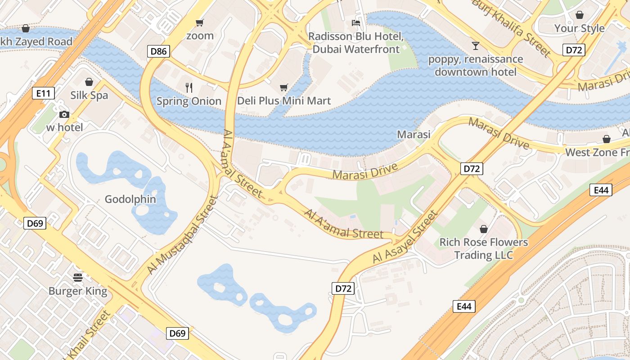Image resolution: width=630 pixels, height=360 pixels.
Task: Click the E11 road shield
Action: click(44, 93)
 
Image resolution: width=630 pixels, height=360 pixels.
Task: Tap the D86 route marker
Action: click(158, 51)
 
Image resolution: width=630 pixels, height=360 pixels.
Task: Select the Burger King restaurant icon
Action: click(78, 277)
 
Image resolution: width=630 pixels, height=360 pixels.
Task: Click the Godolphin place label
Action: click(130, 199)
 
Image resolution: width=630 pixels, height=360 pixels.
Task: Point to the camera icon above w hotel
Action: click(64, 114)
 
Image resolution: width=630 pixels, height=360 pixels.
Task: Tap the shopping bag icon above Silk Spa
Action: click(89, 82)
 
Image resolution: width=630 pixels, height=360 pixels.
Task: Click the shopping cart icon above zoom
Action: click(200, 22)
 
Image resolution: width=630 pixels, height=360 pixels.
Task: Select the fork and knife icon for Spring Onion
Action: click(189, 88)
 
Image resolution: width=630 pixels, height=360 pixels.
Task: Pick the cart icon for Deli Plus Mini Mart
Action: click(283, 87)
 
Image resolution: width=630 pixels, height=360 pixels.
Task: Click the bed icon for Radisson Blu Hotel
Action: click(356, 22)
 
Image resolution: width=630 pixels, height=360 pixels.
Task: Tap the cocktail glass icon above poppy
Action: click(475, 45)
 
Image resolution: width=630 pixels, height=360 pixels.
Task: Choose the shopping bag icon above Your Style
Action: click(579, 15)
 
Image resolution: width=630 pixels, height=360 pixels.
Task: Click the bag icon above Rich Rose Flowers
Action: click(484, 229)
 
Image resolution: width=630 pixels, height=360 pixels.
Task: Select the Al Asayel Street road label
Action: click(405, 237)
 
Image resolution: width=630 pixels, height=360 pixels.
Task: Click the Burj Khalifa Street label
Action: click(512, 27)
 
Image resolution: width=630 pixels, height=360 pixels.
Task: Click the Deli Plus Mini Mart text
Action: click(283, 101)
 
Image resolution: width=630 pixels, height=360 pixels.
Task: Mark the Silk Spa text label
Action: click(89, 95)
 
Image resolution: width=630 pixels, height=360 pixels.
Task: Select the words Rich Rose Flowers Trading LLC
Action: click(484, 248)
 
